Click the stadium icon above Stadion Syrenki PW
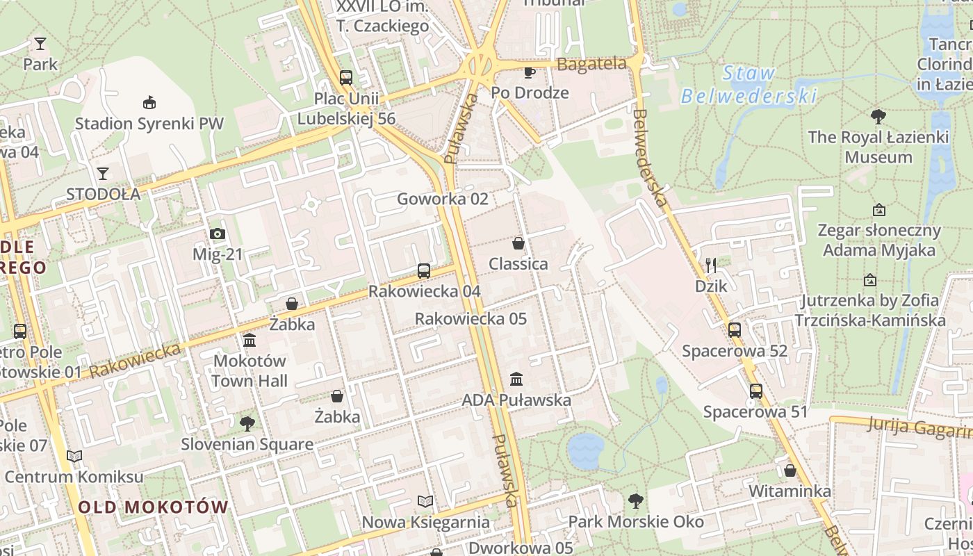149,103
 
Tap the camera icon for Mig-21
218,234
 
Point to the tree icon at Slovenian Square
247,423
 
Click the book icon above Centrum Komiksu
74,457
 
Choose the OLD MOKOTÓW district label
153,507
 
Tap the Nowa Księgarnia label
425,521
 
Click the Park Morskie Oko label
635,521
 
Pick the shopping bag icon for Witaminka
790,471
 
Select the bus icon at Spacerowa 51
755,391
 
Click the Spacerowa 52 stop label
735,350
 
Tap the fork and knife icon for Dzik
710,265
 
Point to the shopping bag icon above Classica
518,243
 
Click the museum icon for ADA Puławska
516,379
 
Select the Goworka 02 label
442,199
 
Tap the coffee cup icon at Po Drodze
530,72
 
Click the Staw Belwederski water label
749,84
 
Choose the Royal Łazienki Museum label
878,147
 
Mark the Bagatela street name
591,64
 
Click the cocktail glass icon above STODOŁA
103,173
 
